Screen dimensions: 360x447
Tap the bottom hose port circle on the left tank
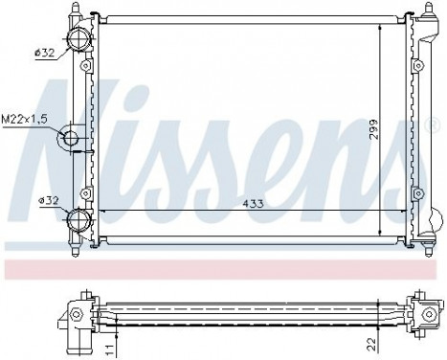[77, 221]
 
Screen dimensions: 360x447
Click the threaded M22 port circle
[71, 140]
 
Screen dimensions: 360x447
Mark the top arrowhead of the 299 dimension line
[381, 30]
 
